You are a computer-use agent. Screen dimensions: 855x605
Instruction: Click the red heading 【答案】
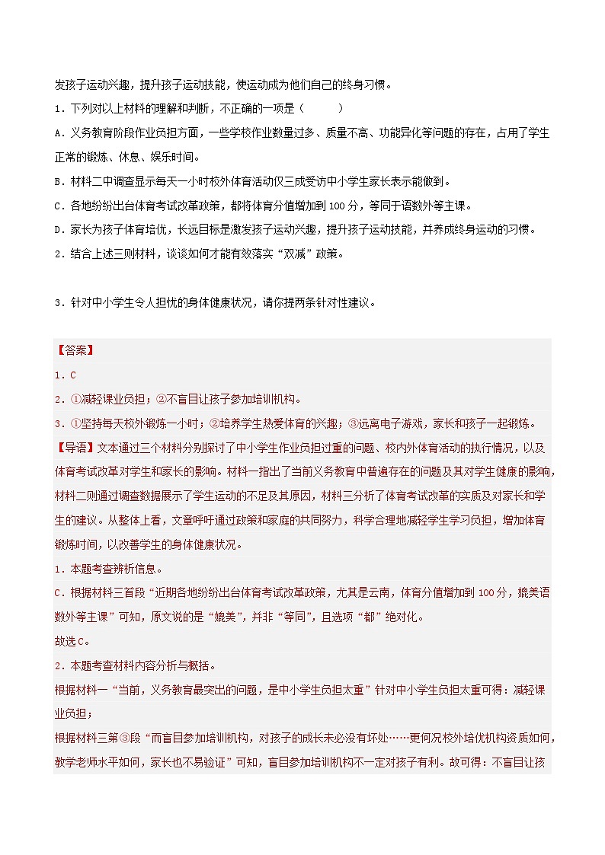pyautogui.click(x=74, y=351)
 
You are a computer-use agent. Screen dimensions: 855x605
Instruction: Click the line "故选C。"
pyautogui.click(x=72, y=640)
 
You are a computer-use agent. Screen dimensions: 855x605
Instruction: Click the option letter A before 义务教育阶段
pyautogui.click(x=58, y=132)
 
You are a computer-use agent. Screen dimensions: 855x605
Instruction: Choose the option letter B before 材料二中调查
pyautogui.click(x=58, y=181)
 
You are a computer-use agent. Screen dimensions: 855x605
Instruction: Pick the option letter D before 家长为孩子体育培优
pyautogui.click(x=58, y=230)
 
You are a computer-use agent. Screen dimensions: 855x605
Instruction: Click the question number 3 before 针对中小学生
pyautogui.click(x=57, y=302)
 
